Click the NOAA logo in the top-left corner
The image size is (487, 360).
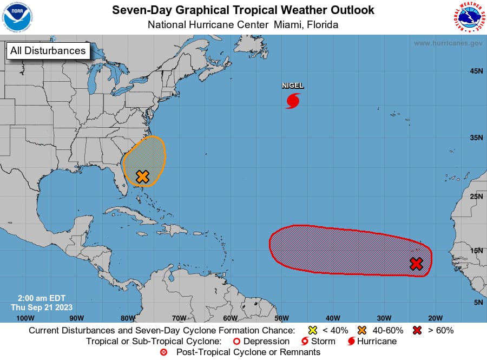[x=17, y=17]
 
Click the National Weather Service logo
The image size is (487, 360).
[x=468, y=17]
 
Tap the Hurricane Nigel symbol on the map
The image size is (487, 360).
[x=293, y=101]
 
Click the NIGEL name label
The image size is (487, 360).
[x=293, y=86]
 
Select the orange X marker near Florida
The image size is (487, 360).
[x=142, y=176]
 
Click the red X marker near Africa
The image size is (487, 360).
[x=416, y=264]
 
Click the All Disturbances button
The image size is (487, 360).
[x=48, y=51]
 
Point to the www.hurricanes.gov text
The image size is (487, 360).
[x=448, y=43]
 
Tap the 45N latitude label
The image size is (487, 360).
[x=476, y=71]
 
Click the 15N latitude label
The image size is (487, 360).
[x=476, y=250]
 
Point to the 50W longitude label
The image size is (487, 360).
[x=281, y=318]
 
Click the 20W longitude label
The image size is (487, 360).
[x=435, y=318]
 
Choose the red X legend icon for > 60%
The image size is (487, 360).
[x=417, y=330]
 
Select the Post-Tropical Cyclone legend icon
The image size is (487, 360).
[x=164, y=352]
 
